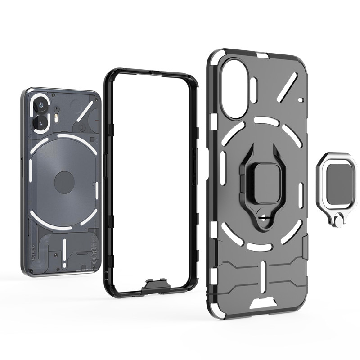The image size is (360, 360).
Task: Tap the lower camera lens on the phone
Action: click(x=41, y=122)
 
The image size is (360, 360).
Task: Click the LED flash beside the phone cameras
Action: click(x=57, y=118)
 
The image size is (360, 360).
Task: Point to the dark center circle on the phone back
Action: click(x=64, y=182)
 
